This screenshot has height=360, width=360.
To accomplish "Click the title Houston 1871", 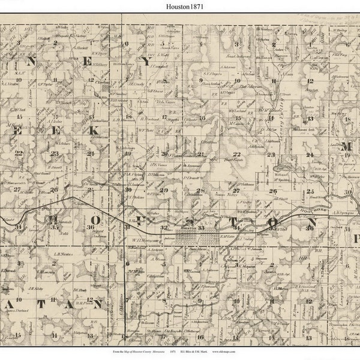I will [180, 5].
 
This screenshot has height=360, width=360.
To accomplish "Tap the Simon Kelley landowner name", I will [223, 194].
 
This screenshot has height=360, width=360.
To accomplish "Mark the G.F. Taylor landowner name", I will [46, 85].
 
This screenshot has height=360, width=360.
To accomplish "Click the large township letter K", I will [93, 130].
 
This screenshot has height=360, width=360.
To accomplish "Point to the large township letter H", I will [53, 219].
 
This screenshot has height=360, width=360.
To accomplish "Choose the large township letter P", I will [355, 238].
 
